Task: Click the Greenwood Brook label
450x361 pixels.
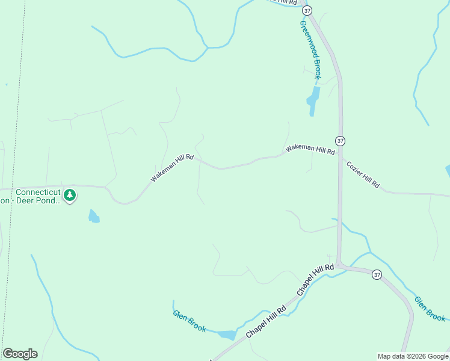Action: pyautogui.click(x=311, y=50)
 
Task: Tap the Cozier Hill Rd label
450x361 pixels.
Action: pyautogui.click(x=362, y=174)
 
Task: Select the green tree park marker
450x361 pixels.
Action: pyautogui.click(x=70, y=195)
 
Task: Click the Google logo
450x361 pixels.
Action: pyautogui.click(x=20, y=354)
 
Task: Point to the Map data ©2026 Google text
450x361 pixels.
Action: pyautogui.click(x=412, y=356)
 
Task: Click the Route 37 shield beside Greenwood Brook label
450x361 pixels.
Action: pyautogui.click(x=308, y=11)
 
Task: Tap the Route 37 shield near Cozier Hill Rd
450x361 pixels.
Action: pyautogui.click(x=341, y=141)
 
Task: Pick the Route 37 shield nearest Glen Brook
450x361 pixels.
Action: pyautogui.click(x=377, y=274)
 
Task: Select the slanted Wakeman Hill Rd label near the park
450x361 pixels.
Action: pyautogui.click(x=172, y=168)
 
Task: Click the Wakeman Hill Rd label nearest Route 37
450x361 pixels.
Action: pyautogui.click(x=310, y=149)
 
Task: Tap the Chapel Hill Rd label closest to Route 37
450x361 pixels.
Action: pyautogui.click(x=315, y=279)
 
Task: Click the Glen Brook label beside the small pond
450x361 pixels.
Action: pyautogui.click(x=190, y=321)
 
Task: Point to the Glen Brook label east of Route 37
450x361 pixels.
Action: pyautogui.click(x=430, y=308)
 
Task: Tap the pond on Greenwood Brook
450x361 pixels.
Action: pyautogui.click(x=313, y=100)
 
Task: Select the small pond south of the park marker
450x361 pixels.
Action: pyautogui.click(x=94, y=216)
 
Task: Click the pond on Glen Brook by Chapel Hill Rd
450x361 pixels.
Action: pyautogui.click(x=227, y=335)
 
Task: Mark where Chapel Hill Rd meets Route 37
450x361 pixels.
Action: pyautogui.click(x=339, y=265)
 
